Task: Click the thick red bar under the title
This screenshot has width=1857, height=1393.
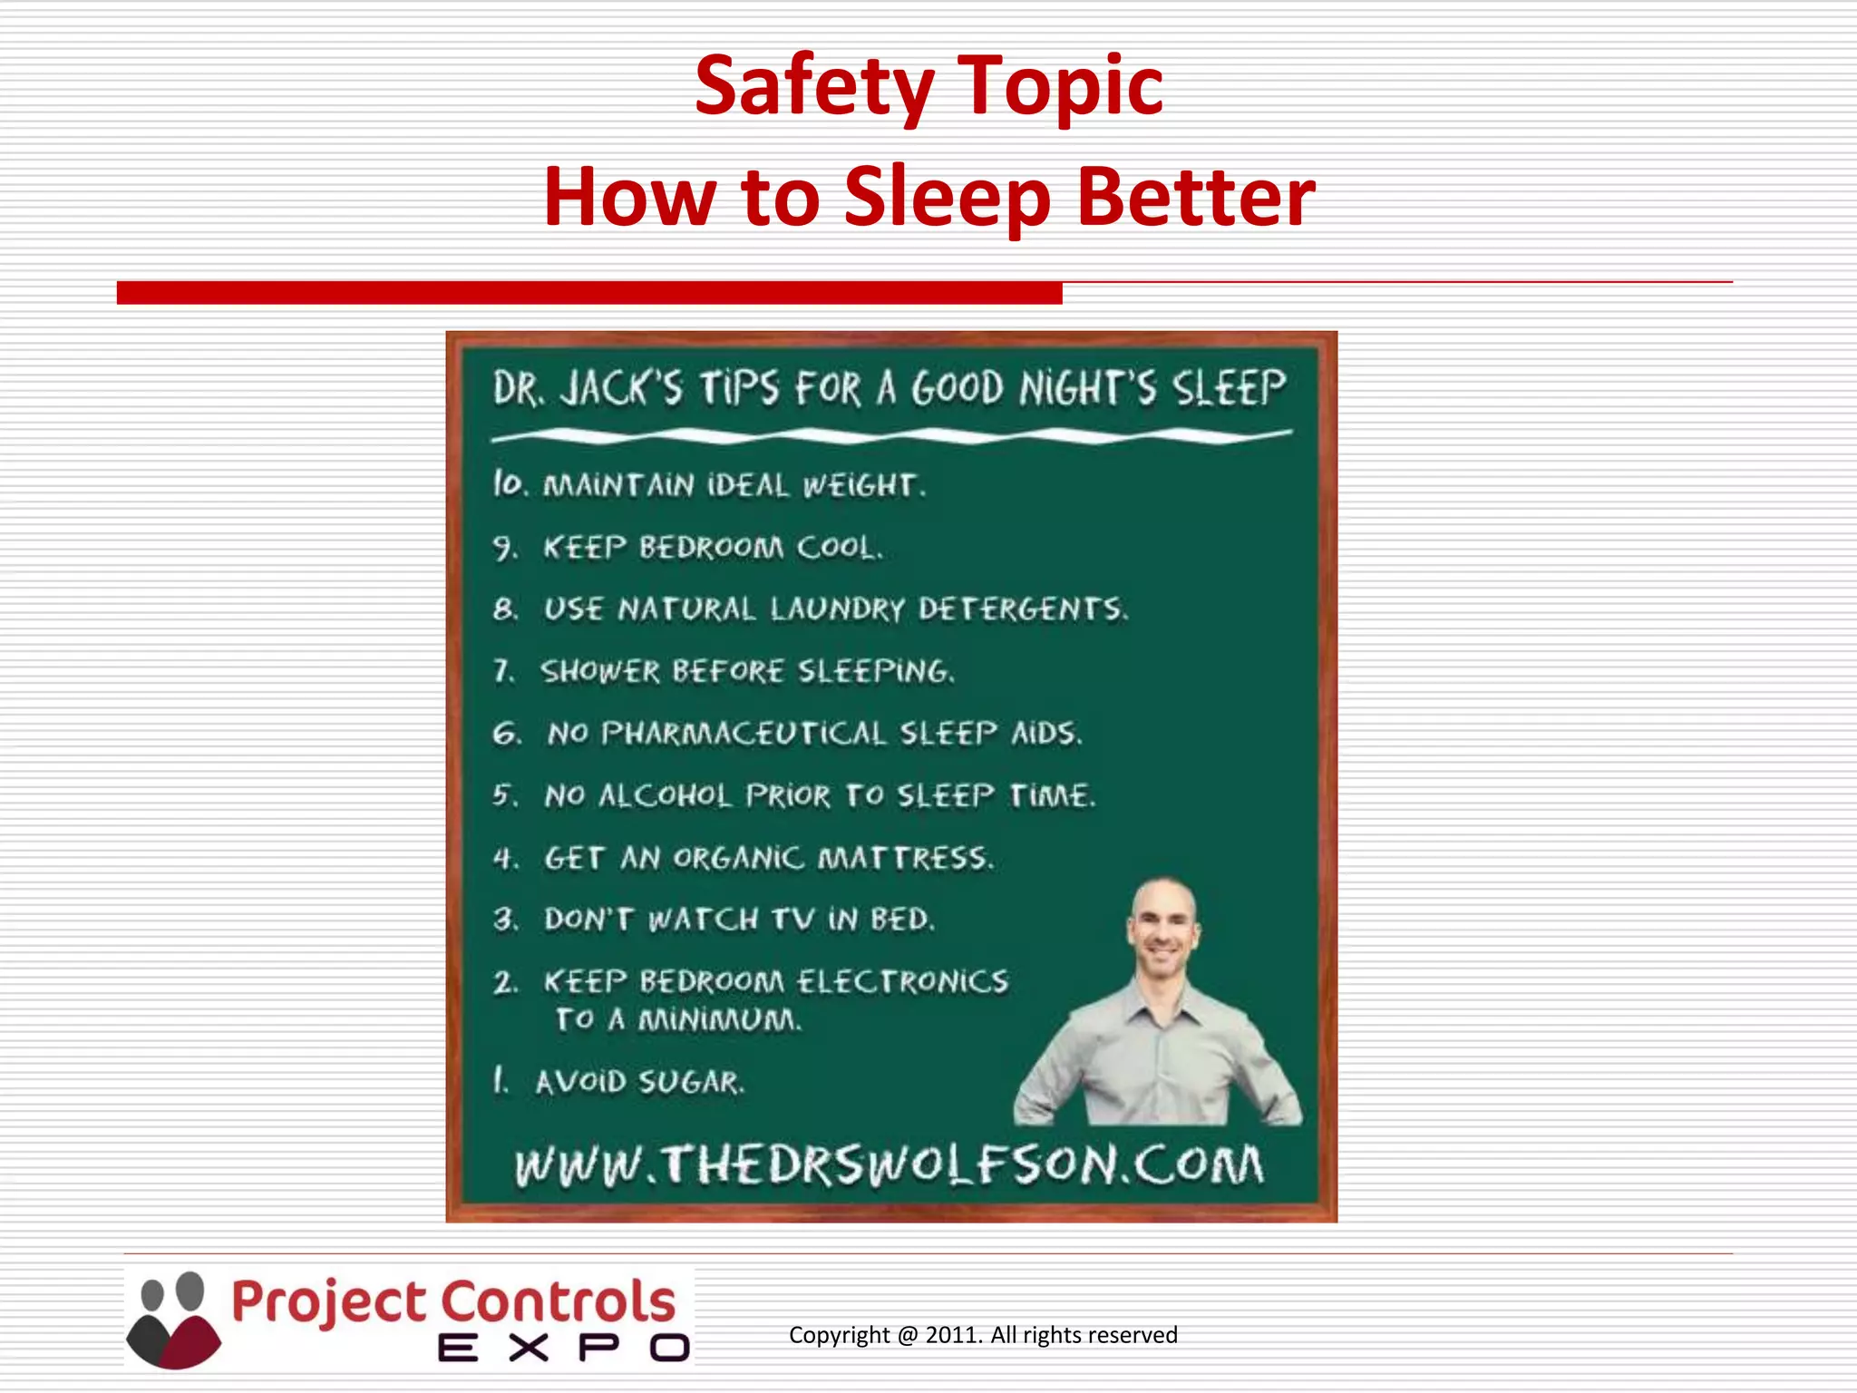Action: tap(589, 293)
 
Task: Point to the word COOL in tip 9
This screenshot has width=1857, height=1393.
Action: tap(838, 548)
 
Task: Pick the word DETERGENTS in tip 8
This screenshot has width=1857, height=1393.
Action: tap(1022, 609)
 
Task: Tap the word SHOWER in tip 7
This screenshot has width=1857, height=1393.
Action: tap(600, 672)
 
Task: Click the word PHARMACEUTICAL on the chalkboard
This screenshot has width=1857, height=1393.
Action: tap(743, 734)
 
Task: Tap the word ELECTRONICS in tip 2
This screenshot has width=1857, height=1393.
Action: tap(903, 981)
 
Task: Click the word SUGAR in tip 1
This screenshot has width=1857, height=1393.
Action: tap(691, 1082)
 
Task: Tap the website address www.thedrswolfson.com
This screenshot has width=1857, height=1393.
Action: tap(889, 1165)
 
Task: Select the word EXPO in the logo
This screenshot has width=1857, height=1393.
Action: tap(564, 1349)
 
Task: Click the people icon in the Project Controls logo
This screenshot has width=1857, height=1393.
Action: tap(172, 1320)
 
